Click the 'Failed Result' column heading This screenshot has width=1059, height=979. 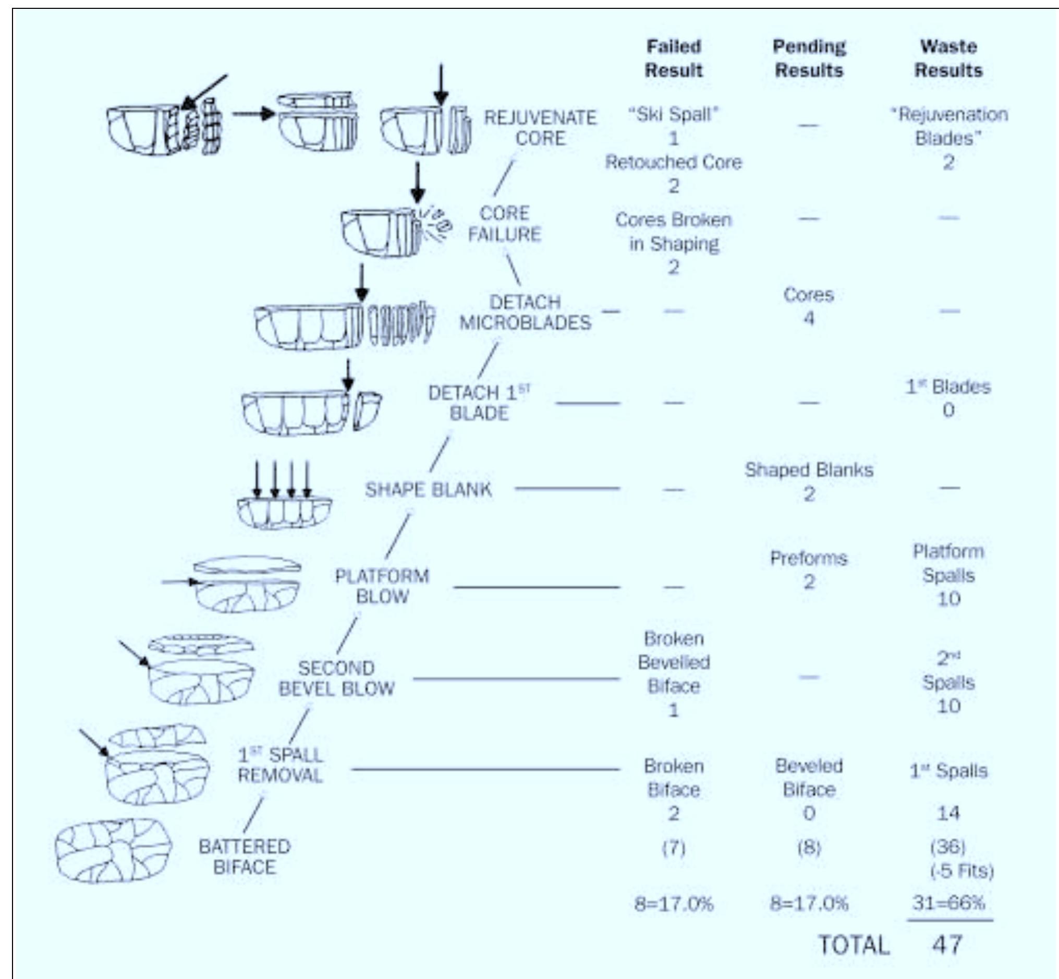click(x=674, y=58)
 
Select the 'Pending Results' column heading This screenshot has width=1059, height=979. click(x=809, y=58)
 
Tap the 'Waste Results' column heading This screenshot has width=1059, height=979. click(x=948, y=58)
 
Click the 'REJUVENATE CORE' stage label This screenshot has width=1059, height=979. click(x=540, y=128)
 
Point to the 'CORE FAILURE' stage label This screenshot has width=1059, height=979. click(x=504, y=224)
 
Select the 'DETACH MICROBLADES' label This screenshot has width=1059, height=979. click(x=525, y=312)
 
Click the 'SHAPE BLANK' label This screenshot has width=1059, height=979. click(x=429, y=489)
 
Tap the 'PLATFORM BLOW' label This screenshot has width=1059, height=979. click(x=382, y=586)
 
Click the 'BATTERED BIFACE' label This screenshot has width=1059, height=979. click(x=244, y=856)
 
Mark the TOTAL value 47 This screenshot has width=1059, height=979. click(x=947, y=945)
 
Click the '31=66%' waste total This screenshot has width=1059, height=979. click(x=948, y=902)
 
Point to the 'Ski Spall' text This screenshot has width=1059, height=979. click(x=673, y=114)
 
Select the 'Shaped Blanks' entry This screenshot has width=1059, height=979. click(x=809, y=470)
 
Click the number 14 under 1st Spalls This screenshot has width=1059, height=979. click(x=948, y=813)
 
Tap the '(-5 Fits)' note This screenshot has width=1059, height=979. click(x=961, y=871)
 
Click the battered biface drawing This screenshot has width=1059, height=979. click(x=114, y=851)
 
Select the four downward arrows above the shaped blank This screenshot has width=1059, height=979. click(x=282, y=479)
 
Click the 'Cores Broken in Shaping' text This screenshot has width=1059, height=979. click(x=673, y=232)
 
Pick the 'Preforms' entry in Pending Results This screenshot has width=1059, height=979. click(x=809, y=558)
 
